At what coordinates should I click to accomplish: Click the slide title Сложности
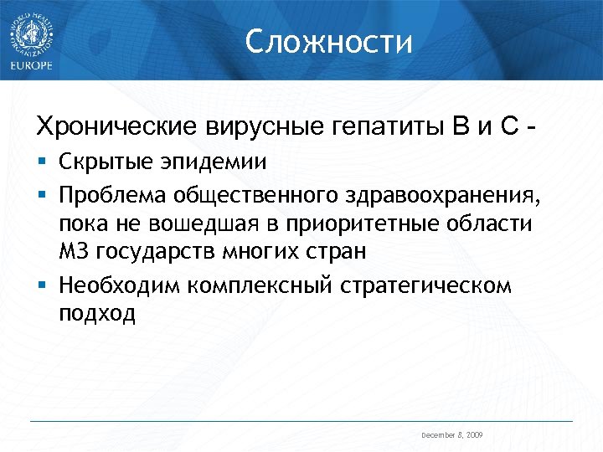[x=329, y=41]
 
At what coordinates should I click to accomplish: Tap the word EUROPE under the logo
[x=31, y=66]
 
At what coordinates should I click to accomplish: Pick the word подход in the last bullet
[x=96, y=314]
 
